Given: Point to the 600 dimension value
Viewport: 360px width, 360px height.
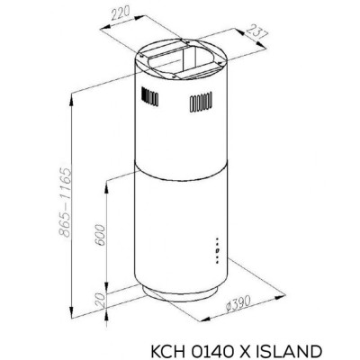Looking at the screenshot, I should coord(100,236).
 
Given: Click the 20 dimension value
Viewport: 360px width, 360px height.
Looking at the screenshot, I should coord(101,301).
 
